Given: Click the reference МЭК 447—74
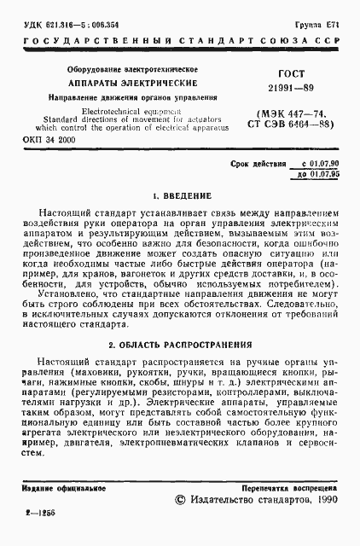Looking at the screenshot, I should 285,113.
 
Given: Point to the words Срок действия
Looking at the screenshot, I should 259,162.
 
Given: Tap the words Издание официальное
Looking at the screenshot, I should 57,488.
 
